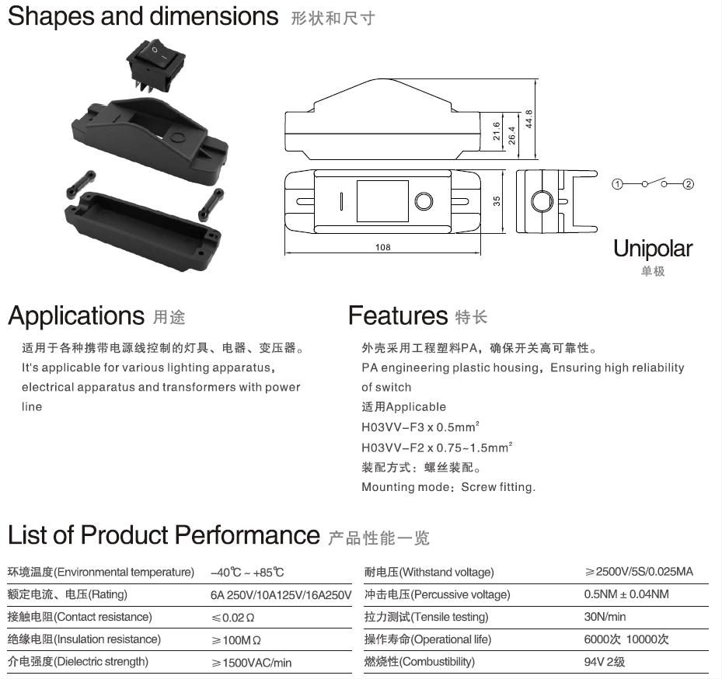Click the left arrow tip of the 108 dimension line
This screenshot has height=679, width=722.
pos(285,252)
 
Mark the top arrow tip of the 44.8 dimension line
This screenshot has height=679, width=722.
pos(535,79)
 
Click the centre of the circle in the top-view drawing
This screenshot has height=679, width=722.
pos(424,202)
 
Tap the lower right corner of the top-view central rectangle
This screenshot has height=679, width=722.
pos(409,221)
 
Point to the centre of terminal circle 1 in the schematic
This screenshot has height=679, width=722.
pos(617,184)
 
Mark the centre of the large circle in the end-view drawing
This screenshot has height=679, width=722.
pos(542,202)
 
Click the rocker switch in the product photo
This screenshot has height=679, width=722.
pos(155,65)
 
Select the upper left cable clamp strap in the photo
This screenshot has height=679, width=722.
pos(81,185)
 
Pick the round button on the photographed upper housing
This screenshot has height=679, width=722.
pos(177,138)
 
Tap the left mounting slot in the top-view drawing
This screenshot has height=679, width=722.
pos(305,202)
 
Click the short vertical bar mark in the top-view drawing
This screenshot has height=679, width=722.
pos(341,201)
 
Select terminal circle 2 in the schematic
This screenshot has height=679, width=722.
pos(688,184)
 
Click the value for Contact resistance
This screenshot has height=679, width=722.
pos(232,618)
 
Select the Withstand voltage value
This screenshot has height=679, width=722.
pos(639,572)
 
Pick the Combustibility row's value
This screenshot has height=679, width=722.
pos(604,662)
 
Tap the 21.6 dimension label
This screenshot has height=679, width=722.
pos(497,131)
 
